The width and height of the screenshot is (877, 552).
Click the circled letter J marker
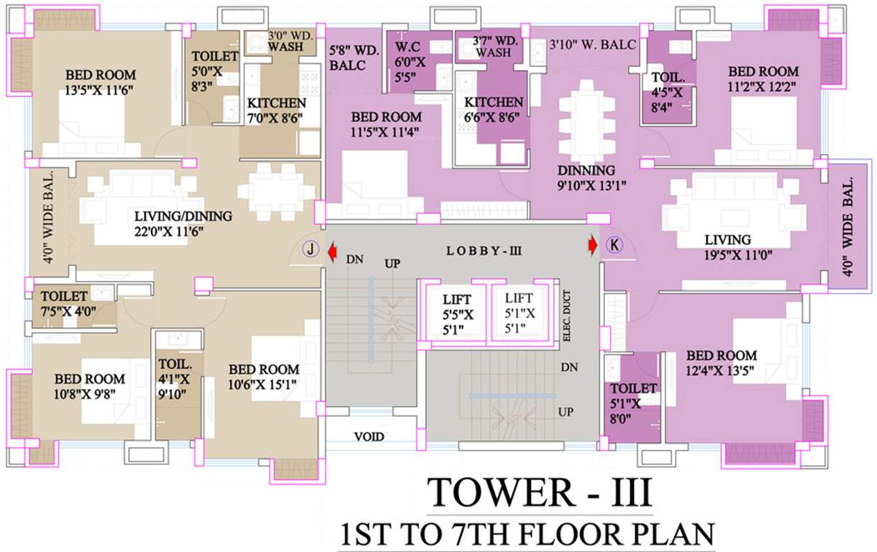(310, 249)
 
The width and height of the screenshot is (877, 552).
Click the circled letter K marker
(614, 245)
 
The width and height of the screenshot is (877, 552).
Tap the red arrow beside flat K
(592, 246)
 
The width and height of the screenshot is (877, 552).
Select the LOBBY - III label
(480, 251)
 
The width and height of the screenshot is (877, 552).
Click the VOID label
(368, 436)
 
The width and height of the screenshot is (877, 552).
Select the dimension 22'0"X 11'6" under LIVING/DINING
(182, 231)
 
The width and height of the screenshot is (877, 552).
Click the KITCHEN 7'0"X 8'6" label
(276, 110)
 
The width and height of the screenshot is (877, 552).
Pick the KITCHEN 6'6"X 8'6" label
(494, 110)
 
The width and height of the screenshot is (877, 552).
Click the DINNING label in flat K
(586, 170)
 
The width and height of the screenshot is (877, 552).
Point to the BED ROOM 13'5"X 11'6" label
(101, 83)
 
